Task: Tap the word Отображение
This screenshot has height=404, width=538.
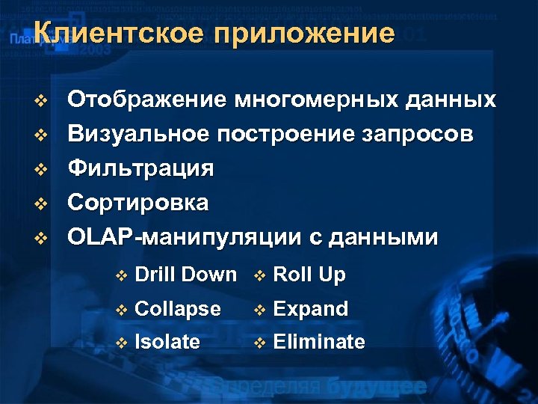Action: pos(146,100)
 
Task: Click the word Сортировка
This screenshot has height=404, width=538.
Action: pos(138,203)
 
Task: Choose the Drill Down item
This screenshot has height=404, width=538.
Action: pos(186,275)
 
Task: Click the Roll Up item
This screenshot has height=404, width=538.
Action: pos(309,275)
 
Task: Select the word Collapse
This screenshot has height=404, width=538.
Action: pos(178,309)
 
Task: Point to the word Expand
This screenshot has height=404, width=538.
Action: pos(311,309)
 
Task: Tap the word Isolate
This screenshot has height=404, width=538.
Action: pos(167,343)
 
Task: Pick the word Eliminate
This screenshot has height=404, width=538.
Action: pos(319,343)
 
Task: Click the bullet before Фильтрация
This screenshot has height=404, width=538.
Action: pos(42,169)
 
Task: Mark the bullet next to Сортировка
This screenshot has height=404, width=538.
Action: pos(42,203)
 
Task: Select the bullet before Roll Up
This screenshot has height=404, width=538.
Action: pos(259,275)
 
